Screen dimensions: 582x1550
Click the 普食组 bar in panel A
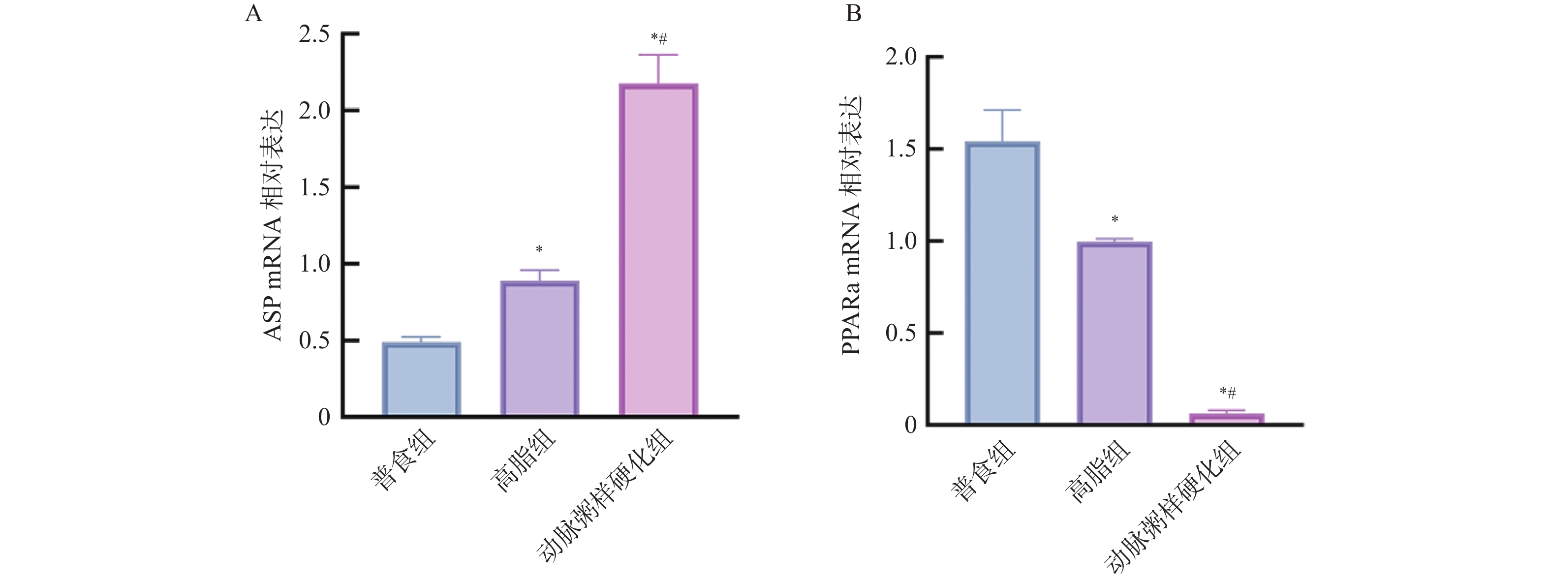pyautogui.click(x=421, y=379)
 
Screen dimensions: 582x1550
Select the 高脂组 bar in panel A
pyautogui.click(x=540, y=349)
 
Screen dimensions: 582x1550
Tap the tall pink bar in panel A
pyautogui.click(x=658, y=250)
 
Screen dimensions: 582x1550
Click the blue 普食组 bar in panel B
pyautogui.click(x=1002, y=283)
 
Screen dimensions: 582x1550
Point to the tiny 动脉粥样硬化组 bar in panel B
pyautogui.click(x=1226, y=419)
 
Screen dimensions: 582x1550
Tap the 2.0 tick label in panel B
pyautogui.click(x=901, y=57)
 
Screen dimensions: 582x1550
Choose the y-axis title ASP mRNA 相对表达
pyautogui.click(x=273, y=226)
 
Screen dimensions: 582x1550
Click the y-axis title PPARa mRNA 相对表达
pyautogui.click(x=851, y=226)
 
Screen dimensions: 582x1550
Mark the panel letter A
pyautogui.click(x=253, y=13)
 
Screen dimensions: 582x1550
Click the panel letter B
pyautogui.click(x=853, y=13)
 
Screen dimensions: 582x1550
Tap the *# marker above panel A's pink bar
pyautogui.click(x=659, y=40)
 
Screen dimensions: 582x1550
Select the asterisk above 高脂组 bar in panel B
pyautogui.click(x=1115, y=220)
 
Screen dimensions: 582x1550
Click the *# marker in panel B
pyautogui.click(x=1228, y=394)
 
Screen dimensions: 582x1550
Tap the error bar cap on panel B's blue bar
pyautogui.click(x=1002, y=110)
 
